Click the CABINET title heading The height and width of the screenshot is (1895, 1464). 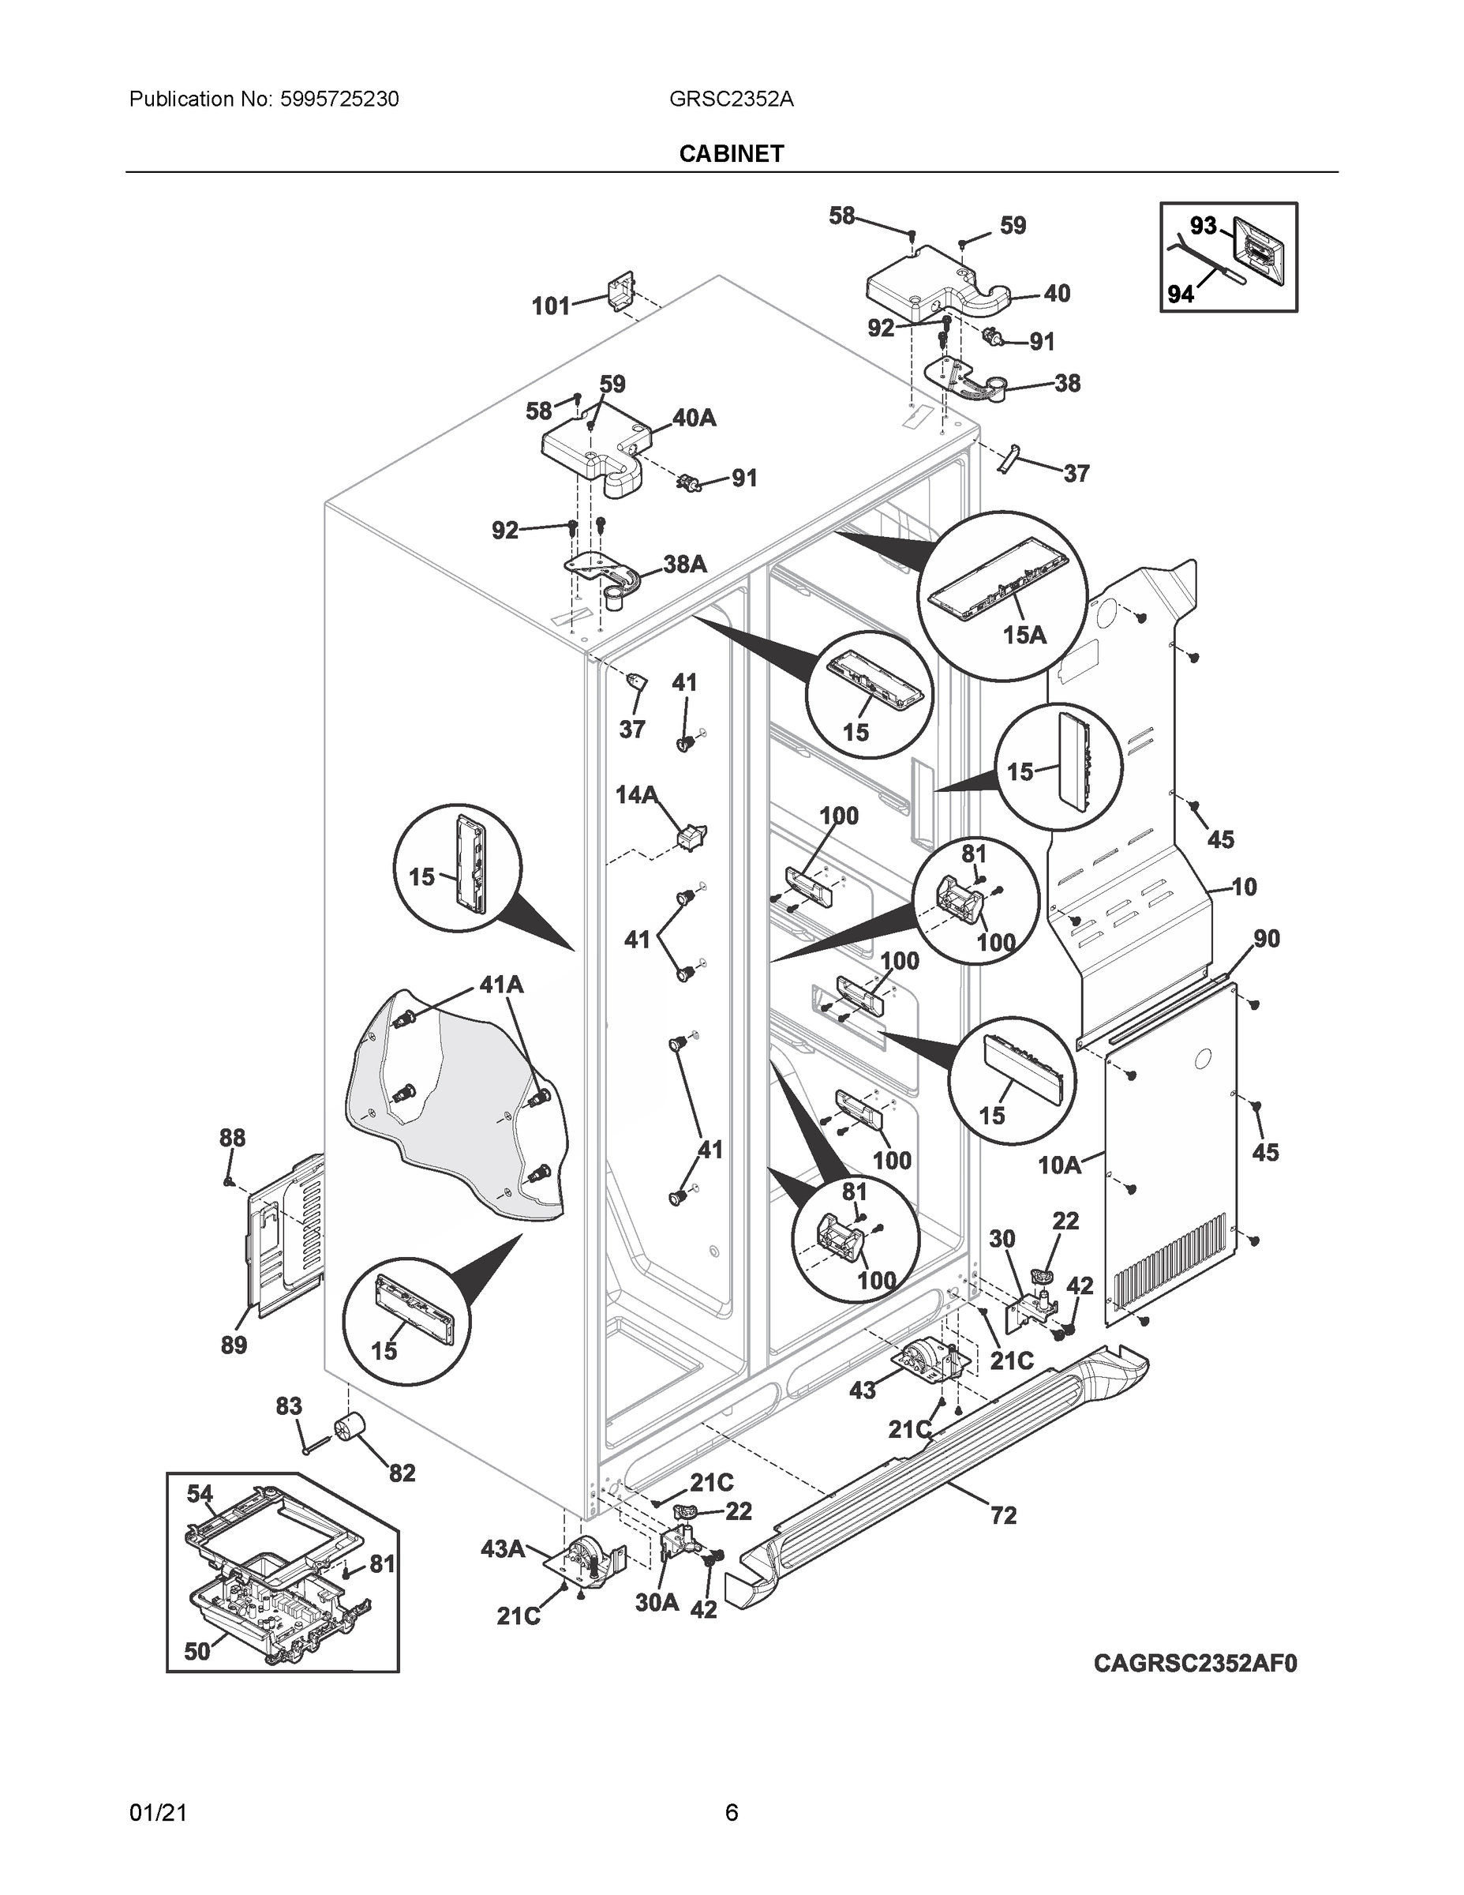click(731, 154)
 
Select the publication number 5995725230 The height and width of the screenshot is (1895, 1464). click(339, 99)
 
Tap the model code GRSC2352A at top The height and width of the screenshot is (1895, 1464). click(731, 99)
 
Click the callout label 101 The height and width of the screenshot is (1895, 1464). click(550, 306)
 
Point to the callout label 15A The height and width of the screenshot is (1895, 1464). click(1024, 635)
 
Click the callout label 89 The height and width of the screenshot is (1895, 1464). click(234, 1345)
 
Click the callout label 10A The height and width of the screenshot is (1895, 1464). click(1060, 1165)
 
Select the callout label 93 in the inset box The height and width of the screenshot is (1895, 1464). click(1203, 227)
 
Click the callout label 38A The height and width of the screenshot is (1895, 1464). click(684, 564)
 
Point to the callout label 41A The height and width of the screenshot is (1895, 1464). click(501, 985)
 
